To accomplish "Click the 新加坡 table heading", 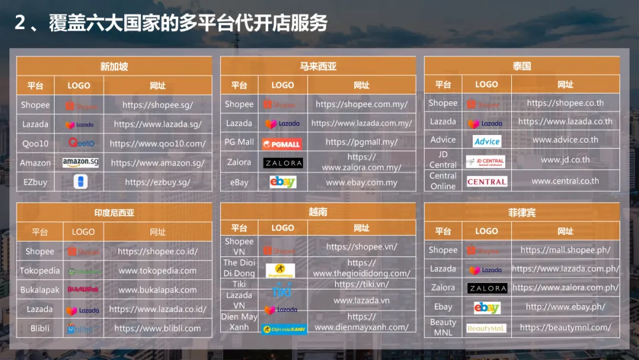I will point(114,66).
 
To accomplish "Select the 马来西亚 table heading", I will point(318,66).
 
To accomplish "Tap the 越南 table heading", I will point(318,211).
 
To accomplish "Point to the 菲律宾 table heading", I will point(522,212).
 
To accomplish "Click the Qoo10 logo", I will point(80,143).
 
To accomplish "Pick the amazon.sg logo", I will point(80,162).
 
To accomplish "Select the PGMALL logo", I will point(282,143).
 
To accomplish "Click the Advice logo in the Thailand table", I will point(487,141).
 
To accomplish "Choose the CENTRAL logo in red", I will point(487,182).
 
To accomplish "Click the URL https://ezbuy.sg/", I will point(157,182).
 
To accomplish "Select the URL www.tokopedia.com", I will point(157,271).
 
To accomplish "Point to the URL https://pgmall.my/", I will point(362,142).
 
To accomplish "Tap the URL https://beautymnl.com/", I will point(565,327).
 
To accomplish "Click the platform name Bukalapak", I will point(40,290).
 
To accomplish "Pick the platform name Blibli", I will point(40,328).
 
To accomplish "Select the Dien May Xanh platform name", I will point(239,322).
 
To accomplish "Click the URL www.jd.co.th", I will point(565,160).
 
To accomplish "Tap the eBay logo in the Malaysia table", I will point(282,182).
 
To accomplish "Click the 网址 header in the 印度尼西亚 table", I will point(157,232).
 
